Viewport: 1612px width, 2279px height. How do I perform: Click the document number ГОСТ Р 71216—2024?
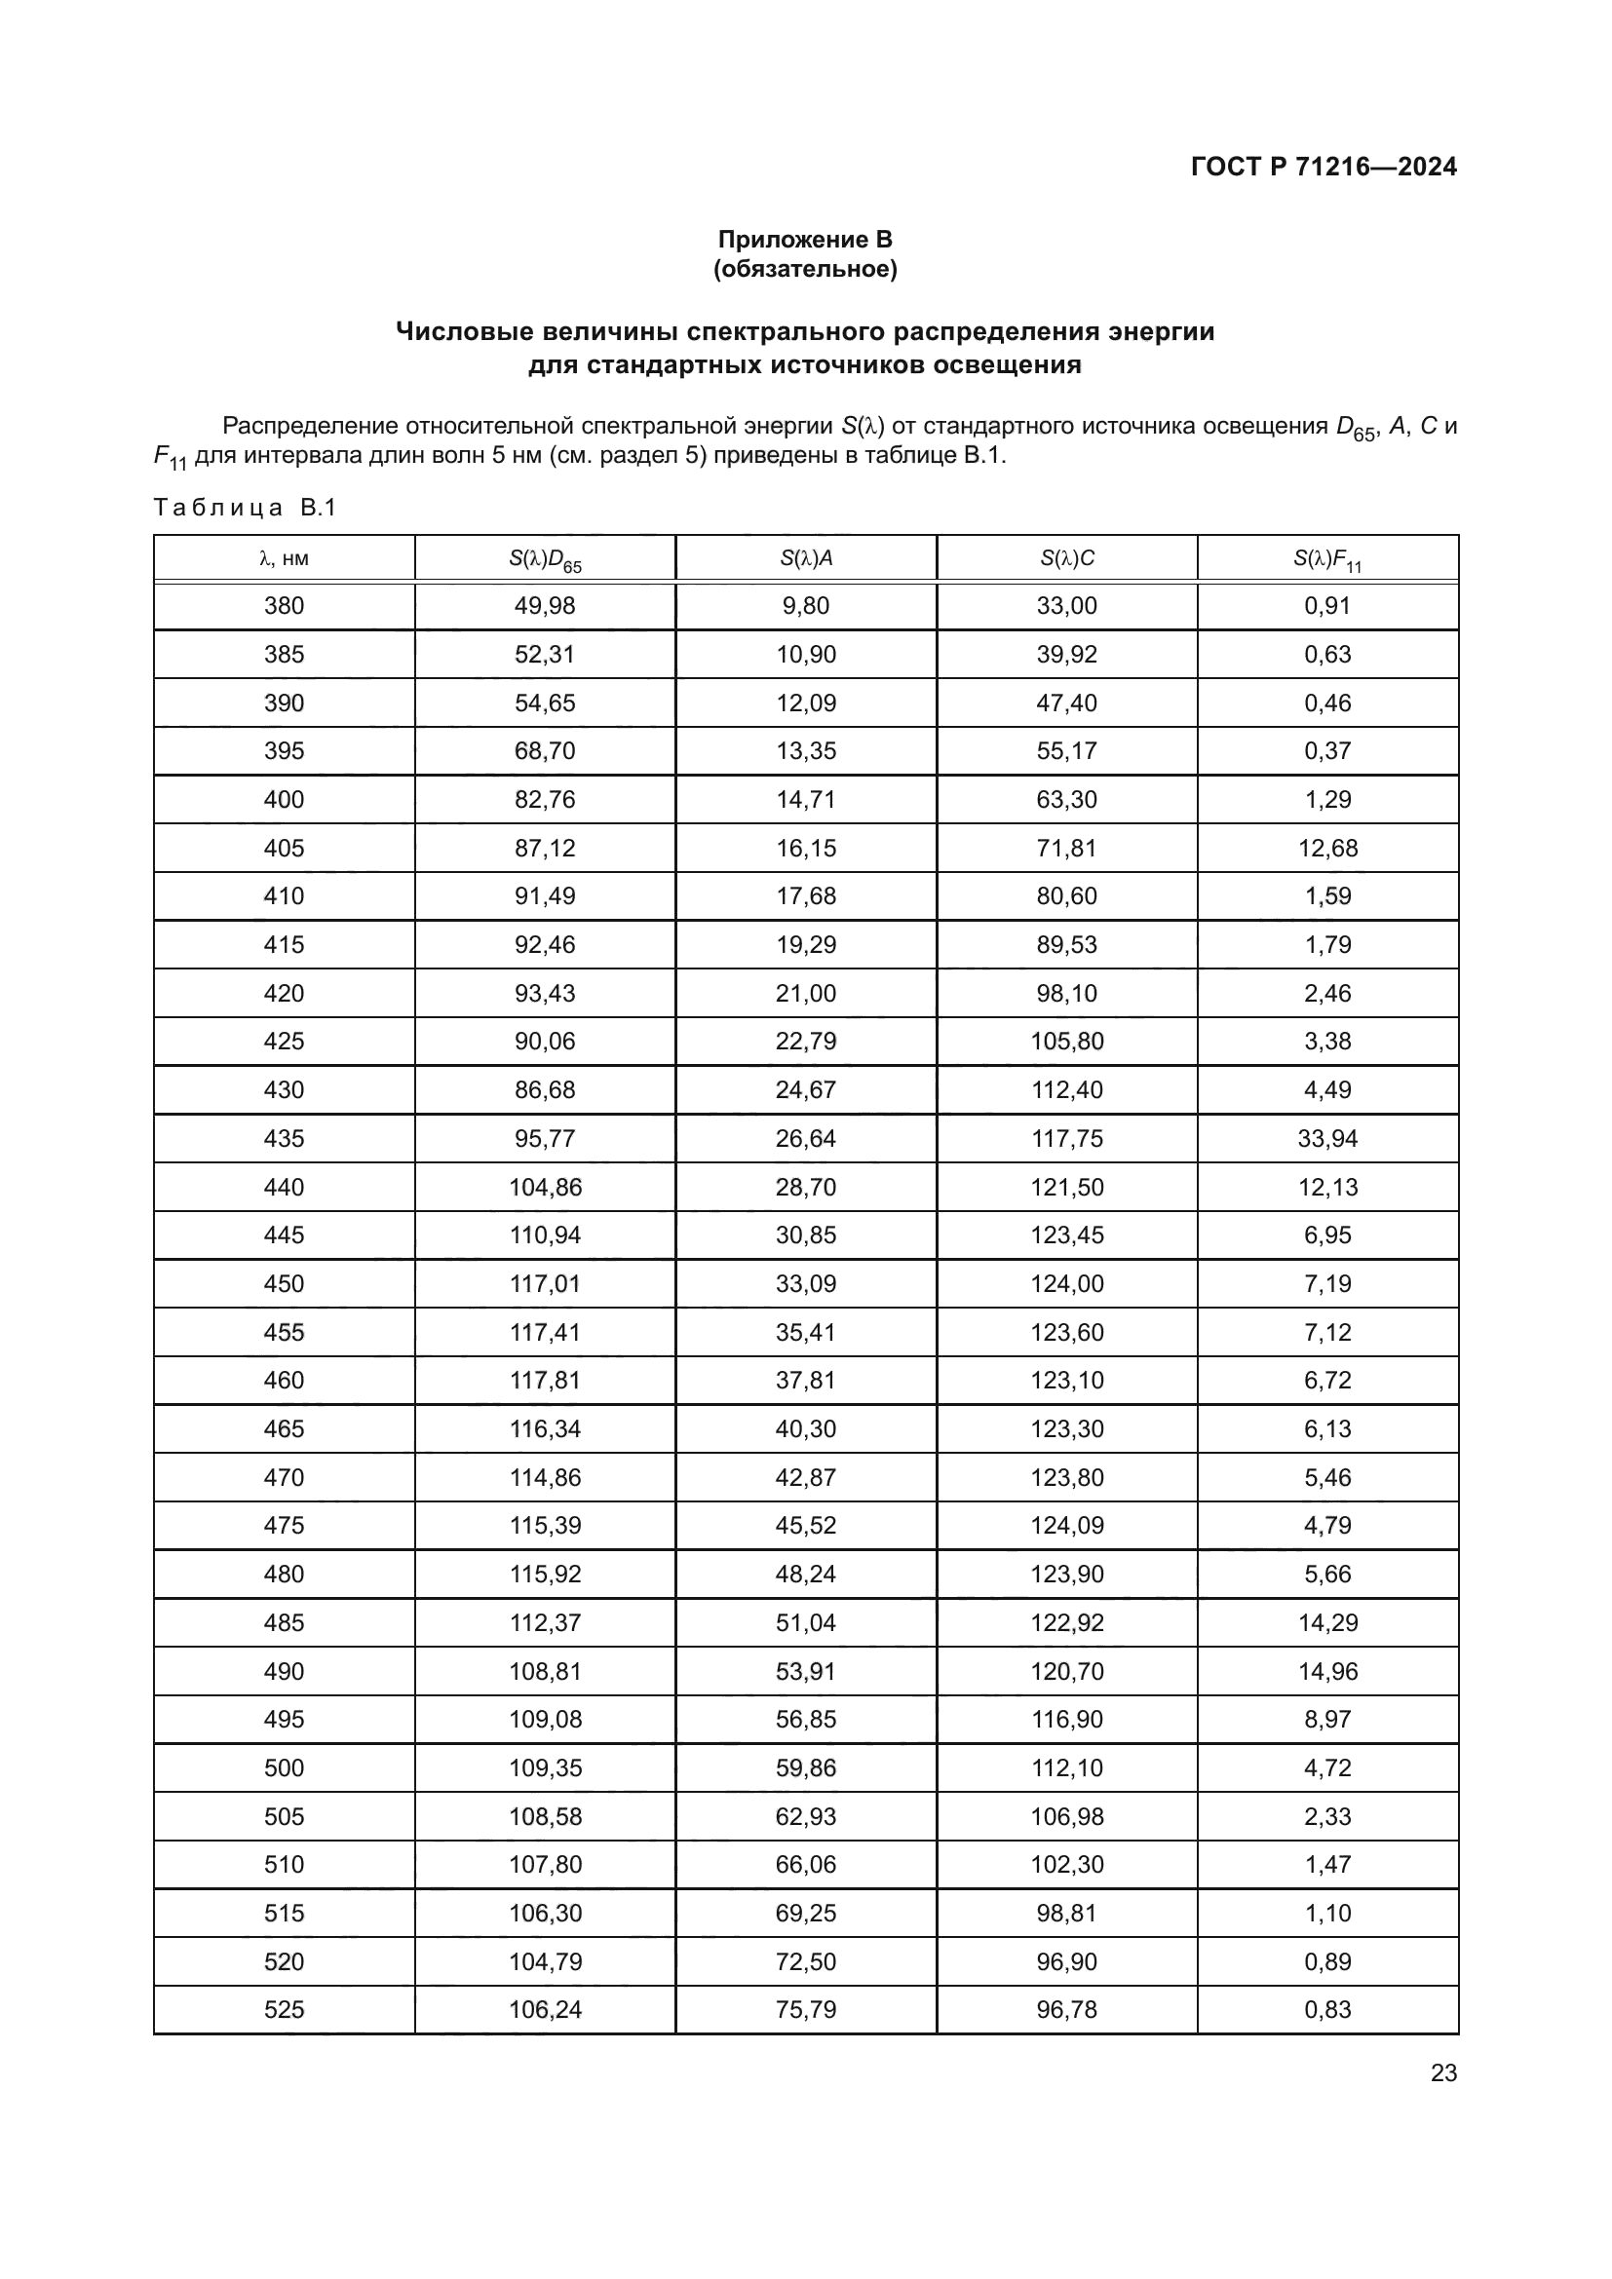(1324, 167)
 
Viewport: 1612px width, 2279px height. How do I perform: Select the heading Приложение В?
(805, 240)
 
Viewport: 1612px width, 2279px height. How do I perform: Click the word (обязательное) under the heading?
(805, 270)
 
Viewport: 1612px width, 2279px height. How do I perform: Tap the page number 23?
(1443, 2072)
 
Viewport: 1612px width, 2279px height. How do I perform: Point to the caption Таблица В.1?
(246, 509)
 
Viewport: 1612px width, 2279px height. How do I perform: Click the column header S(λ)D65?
(545, 560)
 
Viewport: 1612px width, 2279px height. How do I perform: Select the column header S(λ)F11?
(1327, 560)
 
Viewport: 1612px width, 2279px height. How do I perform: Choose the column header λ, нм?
(284, 559)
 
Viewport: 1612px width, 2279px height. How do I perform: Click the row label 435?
(284, 1138)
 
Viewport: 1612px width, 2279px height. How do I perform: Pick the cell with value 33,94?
(1327, 1138)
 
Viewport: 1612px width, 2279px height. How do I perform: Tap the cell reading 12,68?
(1327, 849)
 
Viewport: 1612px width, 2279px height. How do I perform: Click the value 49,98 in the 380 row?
(545, 606)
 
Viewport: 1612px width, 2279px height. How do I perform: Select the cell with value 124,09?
(1067, 1526)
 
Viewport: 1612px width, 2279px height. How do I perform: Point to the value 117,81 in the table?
(545, 1381)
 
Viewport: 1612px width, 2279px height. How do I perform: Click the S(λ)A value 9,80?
(805, 606)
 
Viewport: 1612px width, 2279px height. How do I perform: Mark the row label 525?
(284, 2010)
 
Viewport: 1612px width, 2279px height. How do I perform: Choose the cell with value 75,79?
(805, 2010)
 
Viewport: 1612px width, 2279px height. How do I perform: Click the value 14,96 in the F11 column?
(1327, 1672)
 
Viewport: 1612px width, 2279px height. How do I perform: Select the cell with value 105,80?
(1067, 1042)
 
